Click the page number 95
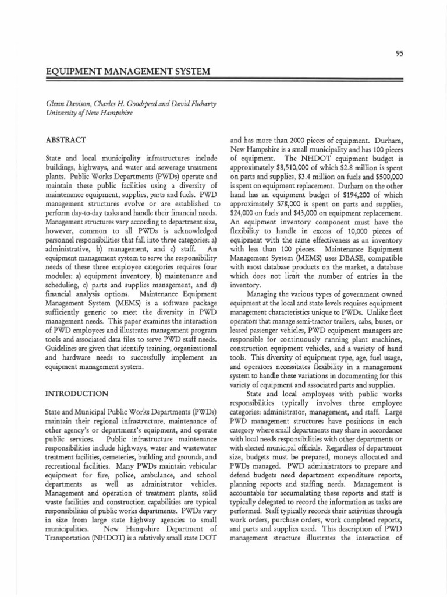[x=399, y=53]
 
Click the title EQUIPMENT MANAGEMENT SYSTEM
[x=128, y=72]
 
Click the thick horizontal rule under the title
[x=224, y=79]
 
